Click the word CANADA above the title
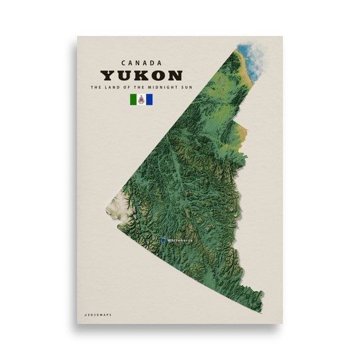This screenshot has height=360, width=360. [x=141, y=63]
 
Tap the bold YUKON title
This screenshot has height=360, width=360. [x=141, y=75]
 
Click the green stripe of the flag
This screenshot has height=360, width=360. [x=133, y=99]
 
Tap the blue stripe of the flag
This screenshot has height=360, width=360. [x=149, y=99]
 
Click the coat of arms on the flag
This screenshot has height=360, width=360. [x=141, y=99]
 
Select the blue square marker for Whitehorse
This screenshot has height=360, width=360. [x=163, y=240]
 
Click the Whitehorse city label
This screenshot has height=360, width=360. [x=180, y=240]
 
